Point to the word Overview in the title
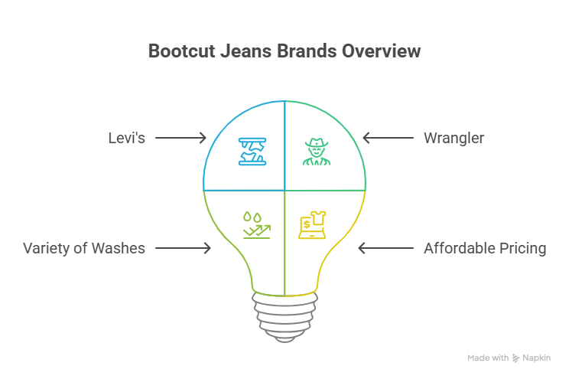click(x=381, y=52)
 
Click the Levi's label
click(x=126, y=139)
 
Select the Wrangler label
click(x=454, y=139)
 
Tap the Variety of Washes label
click(x=84, y=248)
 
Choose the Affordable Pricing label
click(x=485, y=248)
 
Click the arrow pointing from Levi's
click(x=180, y=139)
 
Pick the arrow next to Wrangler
click(x=388, y=139)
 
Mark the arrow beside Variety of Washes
click(x=184, y=248)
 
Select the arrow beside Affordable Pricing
click(x=384, y=248)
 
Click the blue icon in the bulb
click(x=252, y=151)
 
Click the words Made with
click(x=488, y=358)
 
